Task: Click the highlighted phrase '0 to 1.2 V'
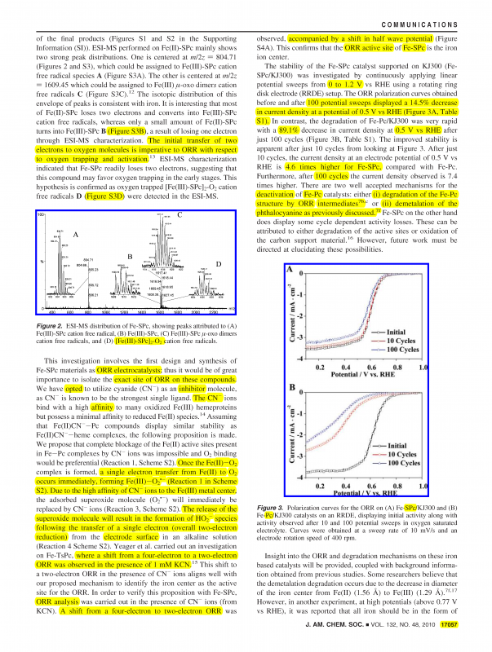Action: [x=348, y=85]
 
